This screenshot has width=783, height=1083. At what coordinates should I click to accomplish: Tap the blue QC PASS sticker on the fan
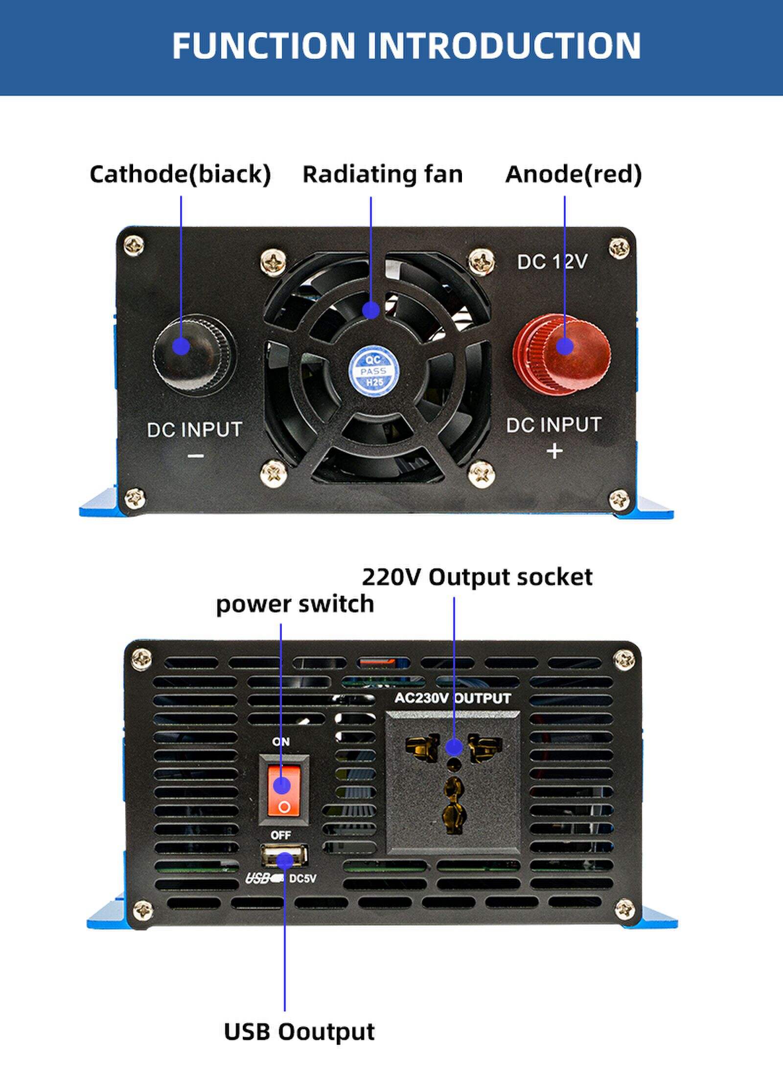tap(373, 370)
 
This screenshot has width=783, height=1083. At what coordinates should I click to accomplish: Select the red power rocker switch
tap(284, 789)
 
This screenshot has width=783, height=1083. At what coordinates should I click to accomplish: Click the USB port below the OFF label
tap(284, 856)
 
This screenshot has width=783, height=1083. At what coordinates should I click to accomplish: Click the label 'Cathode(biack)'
tap(180, 174)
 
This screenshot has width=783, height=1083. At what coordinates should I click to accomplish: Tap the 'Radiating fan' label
tap(382, 174)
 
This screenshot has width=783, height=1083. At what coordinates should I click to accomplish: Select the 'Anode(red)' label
tap(574, 174)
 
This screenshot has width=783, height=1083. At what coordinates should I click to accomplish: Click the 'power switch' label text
tap(295, 604)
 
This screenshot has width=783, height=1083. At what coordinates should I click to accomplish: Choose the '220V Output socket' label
tap(477, 577)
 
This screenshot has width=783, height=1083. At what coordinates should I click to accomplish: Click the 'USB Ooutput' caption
tap(299, 1032)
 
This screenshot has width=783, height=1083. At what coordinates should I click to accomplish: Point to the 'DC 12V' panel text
tap(552, 262)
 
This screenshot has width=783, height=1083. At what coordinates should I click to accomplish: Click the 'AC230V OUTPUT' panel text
tap(453, 698)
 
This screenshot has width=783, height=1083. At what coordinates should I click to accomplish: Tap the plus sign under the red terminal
tap(554, 451)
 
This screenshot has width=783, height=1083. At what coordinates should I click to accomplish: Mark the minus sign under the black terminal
tap(195, 456)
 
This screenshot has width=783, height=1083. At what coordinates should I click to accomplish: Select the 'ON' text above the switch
tap(281, 742)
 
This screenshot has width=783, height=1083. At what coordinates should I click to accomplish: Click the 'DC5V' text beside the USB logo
tap(302, 879)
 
